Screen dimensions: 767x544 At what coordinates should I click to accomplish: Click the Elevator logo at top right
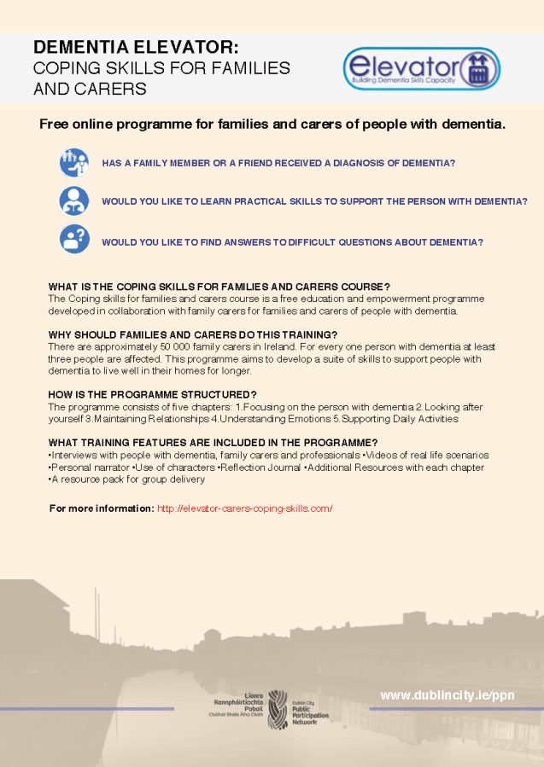click(x=421, y=68)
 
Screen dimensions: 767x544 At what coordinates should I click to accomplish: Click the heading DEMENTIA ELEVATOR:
click(x=136, y=46)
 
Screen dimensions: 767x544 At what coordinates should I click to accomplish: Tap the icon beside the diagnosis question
click(x=74, y=162)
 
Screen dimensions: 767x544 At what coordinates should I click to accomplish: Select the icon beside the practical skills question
click(x=74, y=201)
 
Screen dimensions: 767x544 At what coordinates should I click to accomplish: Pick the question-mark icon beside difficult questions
click(x=74, y=239)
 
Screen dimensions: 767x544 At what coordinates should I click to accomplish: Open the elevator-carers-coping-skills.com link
click(x=245, y=508)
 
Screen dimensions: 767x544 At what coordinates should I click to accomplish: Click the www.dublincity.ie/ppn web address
click(x=447, y=695)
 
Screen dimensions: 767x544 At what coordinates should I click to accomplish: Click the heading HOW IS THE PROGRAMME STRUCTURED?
click(x=153, y=394)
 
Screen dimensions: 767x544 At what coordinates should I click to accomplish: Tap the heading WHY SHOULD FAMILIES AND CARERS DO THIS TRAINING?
click(x=193, y=334)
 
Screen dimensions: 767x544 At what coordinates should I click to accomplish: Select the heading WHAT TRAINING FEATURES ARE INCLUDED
click(x=213, y=442)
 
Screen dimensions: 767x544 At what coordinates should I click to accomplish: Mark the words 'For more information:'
click(x=102, y=508)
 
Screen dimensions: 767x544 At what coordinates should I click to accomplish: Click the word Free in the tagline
click(x=54, y=125)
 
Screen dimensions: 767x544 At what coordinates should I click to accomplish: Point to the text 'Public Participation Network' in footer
click(x=310, y=709)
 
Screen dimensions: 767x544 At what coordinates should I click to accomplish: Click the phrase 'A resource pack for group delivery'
click(x=127, y=479)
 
